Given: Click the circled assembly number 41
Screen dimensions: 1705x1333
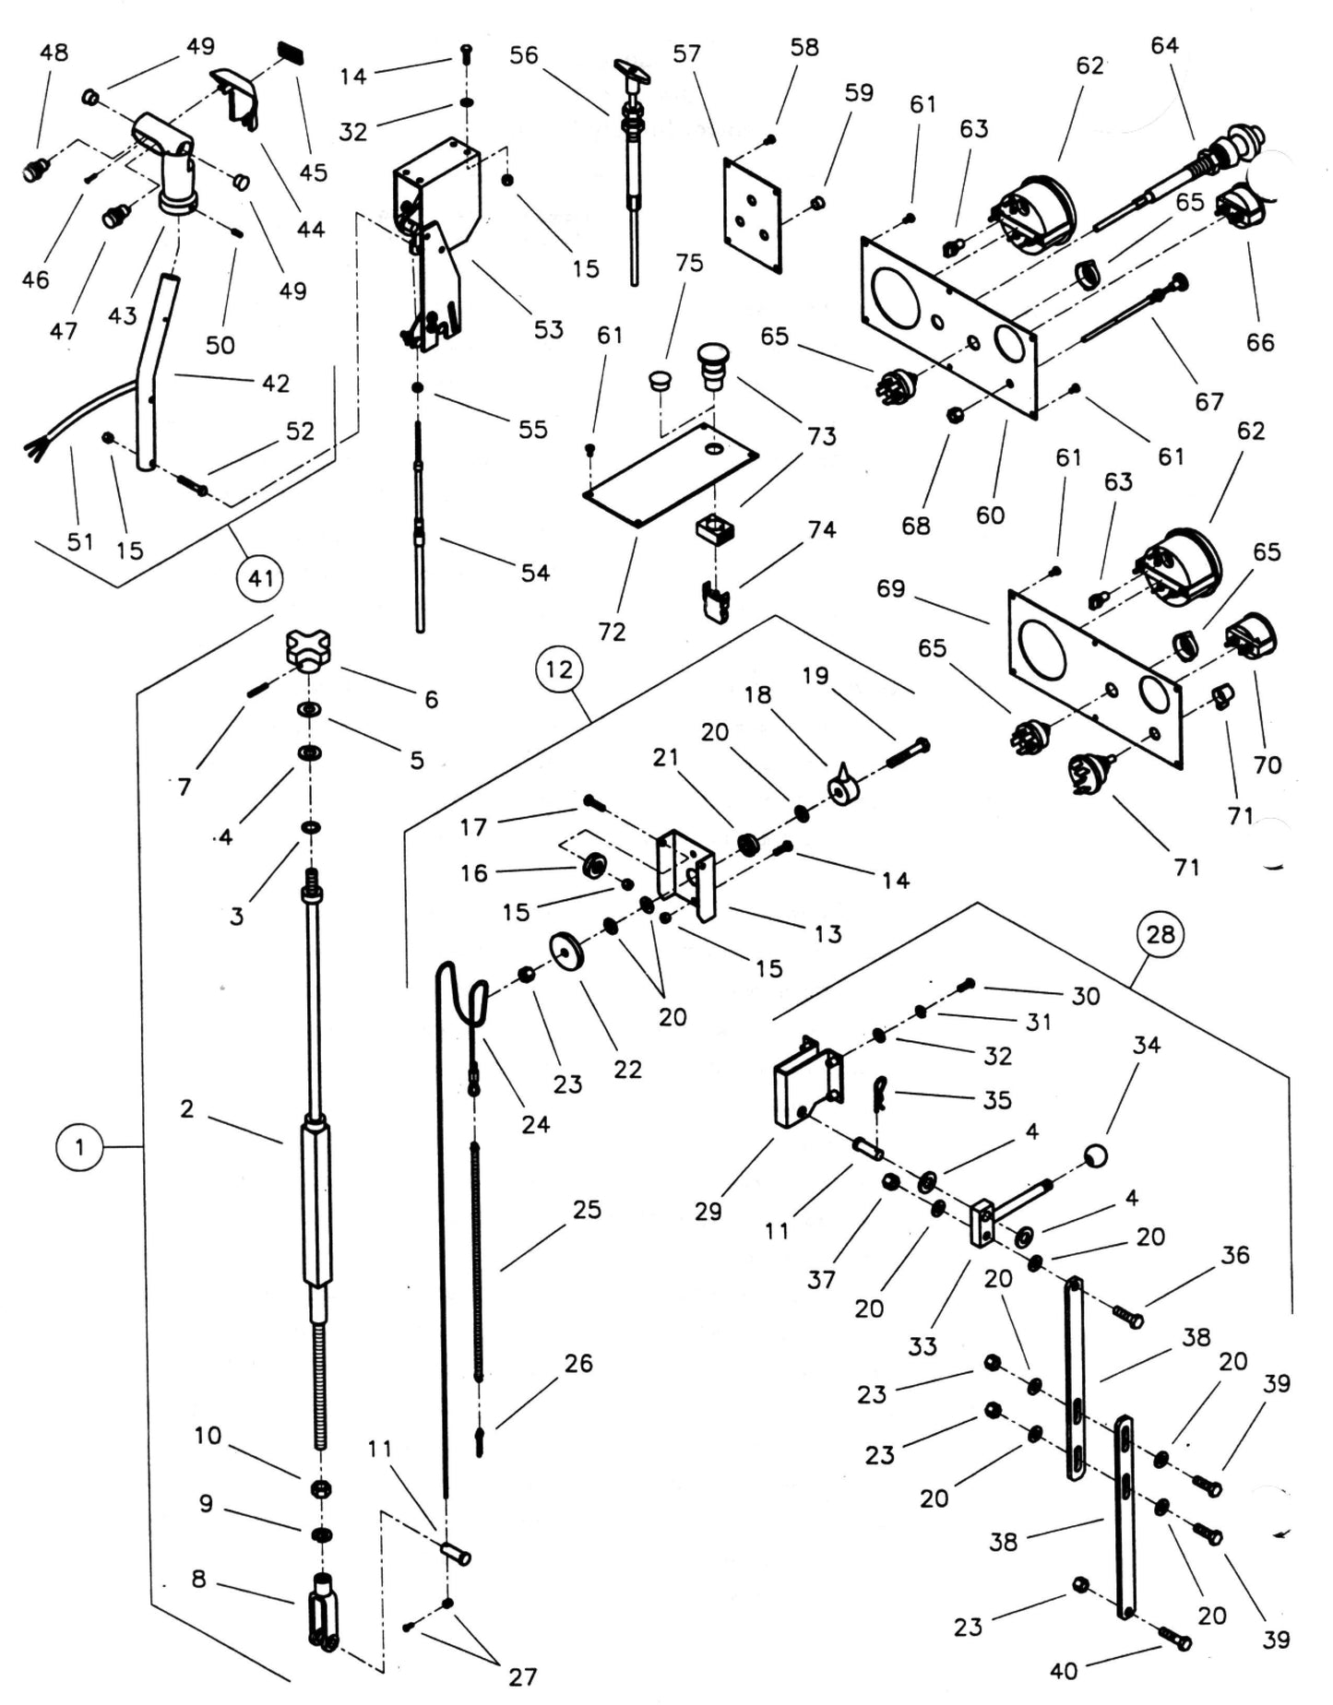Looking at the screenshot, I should [x=260, y=578].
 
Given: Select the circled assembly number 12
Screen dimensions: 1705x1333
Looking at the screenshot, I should [x=559, y=669].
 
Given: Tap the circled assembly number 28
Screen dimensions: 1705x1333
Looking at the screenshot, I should [x=1160, y=934].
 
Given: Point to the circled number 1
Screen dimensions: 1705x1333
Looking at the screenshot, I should [x=79, y=1147].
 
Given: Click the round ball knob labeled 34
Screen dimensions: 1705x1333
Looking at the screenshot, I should [x=1095, y=1154].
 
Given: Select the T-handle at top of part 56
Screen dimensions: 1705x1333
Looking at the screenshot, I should [x=632, y=69].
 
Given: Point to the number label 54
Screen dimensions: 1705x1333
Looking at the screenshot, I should [x=535, y=573].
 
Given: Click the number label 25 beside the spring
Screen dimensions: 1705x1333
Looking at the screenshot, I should [x=587, y=1209].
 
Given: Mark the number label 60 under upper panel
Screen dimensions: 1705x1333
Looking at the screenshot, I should [x=990, y=515].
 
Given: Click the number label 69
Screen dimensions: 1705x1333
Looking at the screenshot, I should [x=890, y=588].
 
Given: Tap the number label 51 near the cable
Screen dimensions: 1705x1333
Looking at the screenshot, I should [x=80, y=540].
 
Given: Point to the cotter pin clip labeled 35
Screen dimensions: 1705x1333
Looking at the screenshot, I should [x=880, y=1092].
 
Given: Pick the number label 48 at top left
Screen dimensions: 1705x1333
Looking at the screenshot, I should [x=54, y=53].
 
